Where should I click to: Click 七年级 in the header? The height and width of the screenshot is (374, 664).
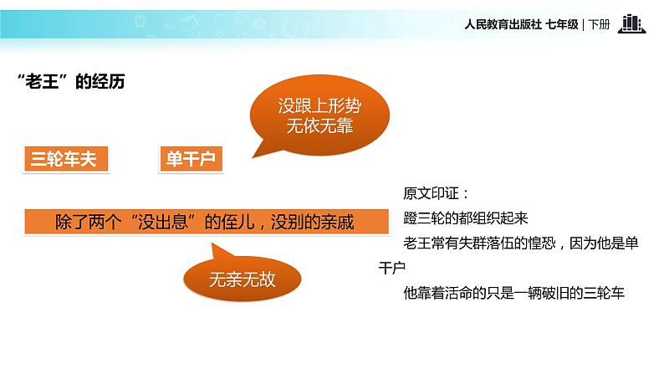[x=562, y=25]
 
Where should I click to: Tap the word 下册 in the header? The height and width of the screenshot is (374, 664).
[x=600, y=25]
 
